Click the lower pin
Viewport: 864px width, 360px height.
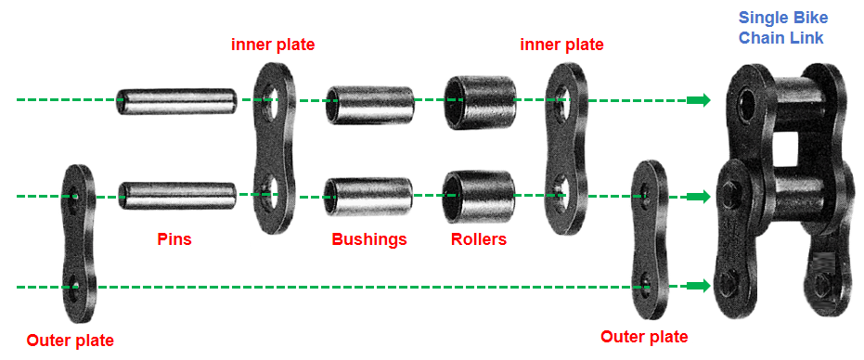pyautogui.click(x=176, y=195)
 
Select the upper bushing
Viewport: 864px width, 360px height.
pyautogui.click(x=369, y=104)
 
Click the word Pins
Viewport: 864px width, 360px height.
pyautogui.click(x=174, y=239)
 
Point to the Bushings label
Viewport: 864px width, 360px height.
pyautogui.click(x=369, y=239)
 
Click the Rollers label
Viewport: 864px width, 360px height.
pyautogui.click(x=479, y=239)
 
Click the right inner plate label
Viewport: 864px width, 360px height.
pyautogui.click(x=562, y=45)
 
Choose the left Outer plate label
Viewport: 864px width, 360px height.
pyautogui.click(x=71, y=341)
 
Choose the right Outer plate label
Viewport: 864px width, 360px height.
pyautogui.click(x=644, y=336)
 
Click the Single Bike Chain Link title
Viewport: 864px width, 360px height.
pyautogui.click(x=783, y=28)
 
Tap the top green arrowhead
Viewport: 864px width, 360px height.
pyautogui.click(x=699, y=100)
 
